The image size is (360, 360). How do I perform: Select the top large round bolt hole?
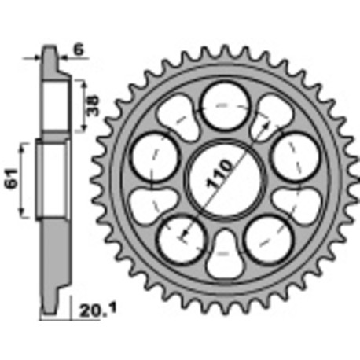(226, 108)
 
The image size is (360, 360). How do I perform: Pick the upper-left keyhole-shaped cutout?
(184, 117)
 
